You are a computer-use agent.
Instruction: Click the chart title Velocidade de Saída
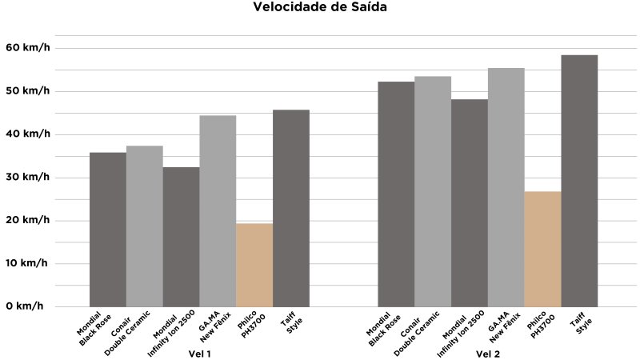tap(320, 9)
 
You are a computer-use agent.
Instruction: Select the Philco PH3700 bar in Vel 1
tap(254, 265)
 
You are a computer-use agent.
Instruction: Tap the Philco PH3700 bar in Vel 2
tap(543, 249)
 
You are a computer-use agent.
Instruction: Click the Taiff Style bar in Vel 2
tap(579, 181)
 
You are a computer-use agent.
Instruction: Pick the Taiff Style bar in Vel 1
tap(291, 208)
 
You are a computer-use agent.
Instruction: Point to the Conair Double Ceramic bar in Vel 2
tap(433, 191)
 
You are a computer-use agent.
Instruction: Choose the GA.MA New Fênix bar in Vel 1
tap(218, 211)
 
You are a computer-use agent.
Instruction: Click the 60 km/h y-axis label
tap(27, 48)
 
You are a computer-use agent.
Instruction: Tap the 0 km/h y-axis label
tap(27, 306)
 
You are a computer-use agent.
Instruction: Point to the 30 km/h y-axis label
tap(27, 178)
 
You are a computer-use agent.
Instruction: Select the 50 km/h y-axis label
tap(27, 91)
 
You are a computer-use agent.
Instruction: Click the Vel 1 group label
tap(199, 353)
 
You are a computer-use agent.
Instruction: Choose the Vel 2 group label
tap(488, 353)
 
